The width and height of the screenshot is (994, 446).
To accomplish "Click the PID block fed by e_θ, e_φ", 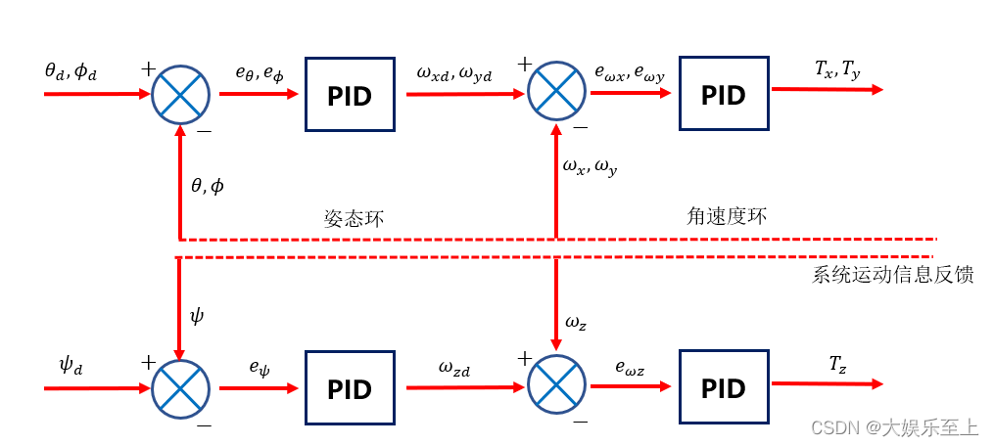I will coord(350,95).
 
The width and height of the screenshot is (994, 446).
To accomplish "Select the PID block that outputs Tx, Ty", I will coord(724,94).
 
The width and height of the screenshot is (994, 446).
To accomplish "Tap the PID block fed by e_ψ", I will coord(350,388).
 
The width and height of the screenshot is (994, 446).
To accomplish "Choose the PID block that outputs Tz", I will coord(724,387).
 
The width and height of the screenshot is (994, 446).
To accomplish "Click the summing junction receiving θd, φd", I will coord(180,95).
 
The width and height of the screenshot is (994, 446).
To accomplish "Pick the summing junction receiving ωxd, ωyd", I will coord(555,94).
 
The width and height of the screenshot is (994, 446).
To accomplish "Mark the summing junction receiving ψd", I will coord(180,387).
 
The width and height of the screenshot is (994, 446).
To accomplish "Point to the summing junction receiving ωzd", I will coord(555,387).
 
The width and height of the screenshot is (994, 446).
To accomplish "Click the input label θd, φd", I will coord(71,70).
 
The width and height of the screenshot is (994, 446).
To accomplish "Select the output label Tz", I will coord(837,365).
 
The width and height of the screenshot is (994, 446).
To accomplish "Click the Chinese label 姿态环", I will coord(354,218).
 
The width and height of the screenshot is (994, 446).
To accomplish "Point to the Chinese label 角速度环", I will coord(727,216).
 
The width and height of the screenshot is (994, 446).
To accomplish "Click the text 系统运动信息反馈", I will coord(892,275).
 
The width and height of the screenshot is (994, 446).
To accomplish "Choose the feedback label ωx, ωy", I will coord(590,167).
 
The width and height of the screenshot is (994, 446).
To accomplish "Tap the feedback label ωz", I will coord(577,321).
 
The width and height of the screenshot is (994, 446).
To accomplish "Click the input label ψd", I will coord(71,366).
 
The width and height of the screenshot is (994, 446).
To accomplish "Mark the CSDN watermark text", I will coord(894,427).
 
